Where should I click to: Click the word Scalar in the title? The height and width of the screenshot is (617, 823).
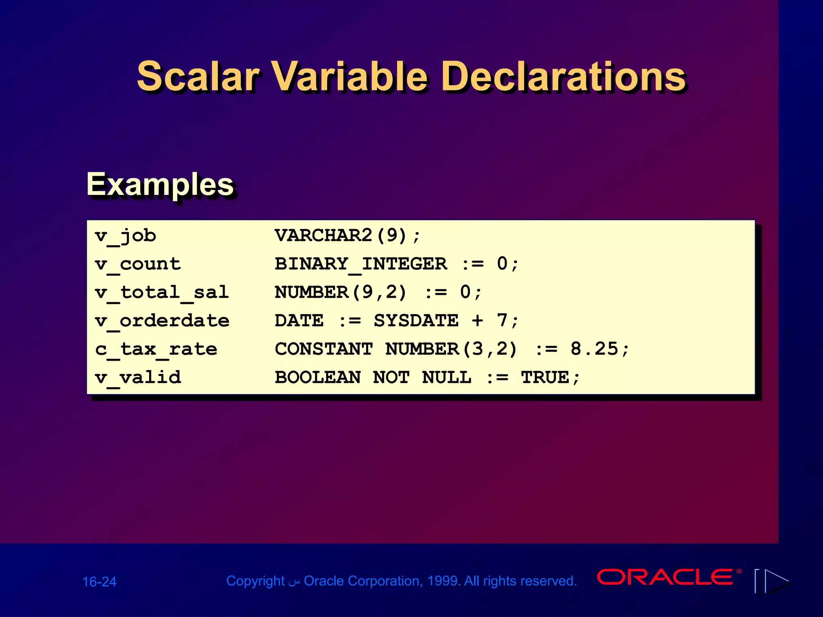coord(198,76)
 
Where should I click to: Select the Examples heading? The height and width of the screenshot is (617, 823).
coord(160,184)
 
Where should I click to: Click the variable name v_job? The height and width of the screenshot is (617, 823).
coord(125,235)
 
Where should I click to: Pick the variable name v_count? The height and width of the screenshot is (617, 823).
coord(138,264)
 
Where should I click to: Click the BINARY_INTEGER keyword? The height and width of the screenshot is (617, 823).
coord(360,264)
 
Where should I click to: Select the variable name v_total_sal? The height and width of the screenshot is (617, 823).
coord(162,292)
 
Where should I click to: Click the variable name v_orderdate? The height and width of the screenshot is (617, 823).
coord(162,321)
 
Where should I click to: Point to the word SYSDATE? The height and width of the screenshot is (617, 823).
coord(416,321)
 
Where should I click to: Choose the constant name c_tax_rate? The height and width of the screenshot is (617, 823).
coord(156,349)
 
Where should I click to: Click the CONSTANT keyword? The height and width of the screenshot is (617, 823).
coord(323,349)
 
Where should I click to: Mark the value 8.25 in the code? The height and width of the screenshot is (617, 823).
coord(594,349)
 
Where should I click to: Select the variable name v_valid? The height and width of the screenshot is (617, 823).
coord(138,378)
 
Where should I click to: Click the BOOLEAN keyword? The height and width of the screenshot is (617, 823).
coord(317,378)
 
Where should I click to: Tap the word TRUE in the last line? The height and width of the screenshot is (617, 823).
coord(545,378)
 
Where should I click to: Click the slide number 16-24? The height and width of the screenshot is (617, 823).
coord(99,582)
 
